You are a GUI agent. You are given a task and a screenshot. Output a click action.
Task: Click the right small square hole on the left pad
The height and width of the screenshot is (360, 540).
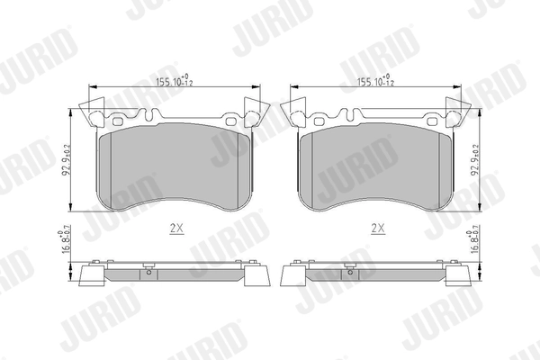click(230, 121)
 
